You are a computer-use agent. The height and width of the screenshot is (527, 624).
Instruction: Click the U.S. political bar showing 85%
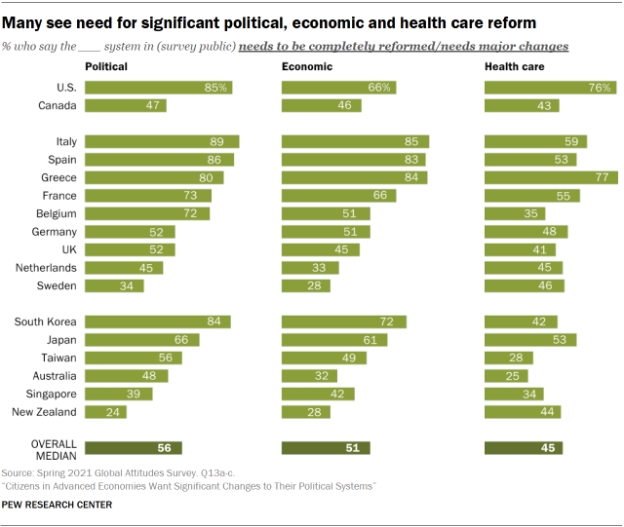(x=159, y=88)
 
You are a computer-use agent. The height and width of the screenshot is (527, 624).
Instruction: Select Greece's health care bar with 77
(x=551, y=177)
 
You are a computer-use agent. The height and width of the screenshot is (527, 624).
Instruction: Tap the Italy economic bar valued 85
(x=356, y=141)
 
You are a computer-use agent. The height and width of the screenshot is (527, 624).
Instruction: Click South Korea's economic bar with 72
(x=344, y=322)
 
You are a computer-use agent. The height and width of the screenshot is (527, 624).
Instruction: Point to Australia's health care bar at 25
(x=506, y=376)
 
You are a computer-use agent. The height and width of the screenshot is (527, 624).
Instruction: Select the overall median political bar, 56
(x=134, y=448)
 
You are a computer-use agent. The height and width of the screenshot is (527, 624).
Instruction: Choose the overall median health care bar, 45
(x=524, y=448)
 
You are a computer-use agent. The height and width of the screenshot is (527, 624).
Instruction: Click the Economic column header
(x=307, y=66)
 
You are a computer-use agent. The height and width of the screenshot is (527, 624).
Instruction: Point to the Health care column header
(x=515, y=66)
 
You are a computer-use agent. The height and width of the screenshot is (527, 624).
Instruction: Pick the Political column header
(x=106, y=66)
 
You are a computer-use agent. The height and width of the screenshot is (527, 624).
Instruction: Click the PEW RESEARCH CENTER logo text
(x=57, y=505)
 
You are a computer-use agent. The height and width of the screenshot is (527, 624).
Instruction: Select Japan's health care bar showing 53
(x=530, y=340)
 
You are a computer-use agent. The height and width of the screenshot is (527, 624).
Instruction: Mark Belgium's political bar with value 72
(x=147, y=213)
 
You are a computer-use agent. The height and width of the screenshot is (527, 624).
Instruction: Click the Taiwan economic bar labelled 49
(x=324, y=358)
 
